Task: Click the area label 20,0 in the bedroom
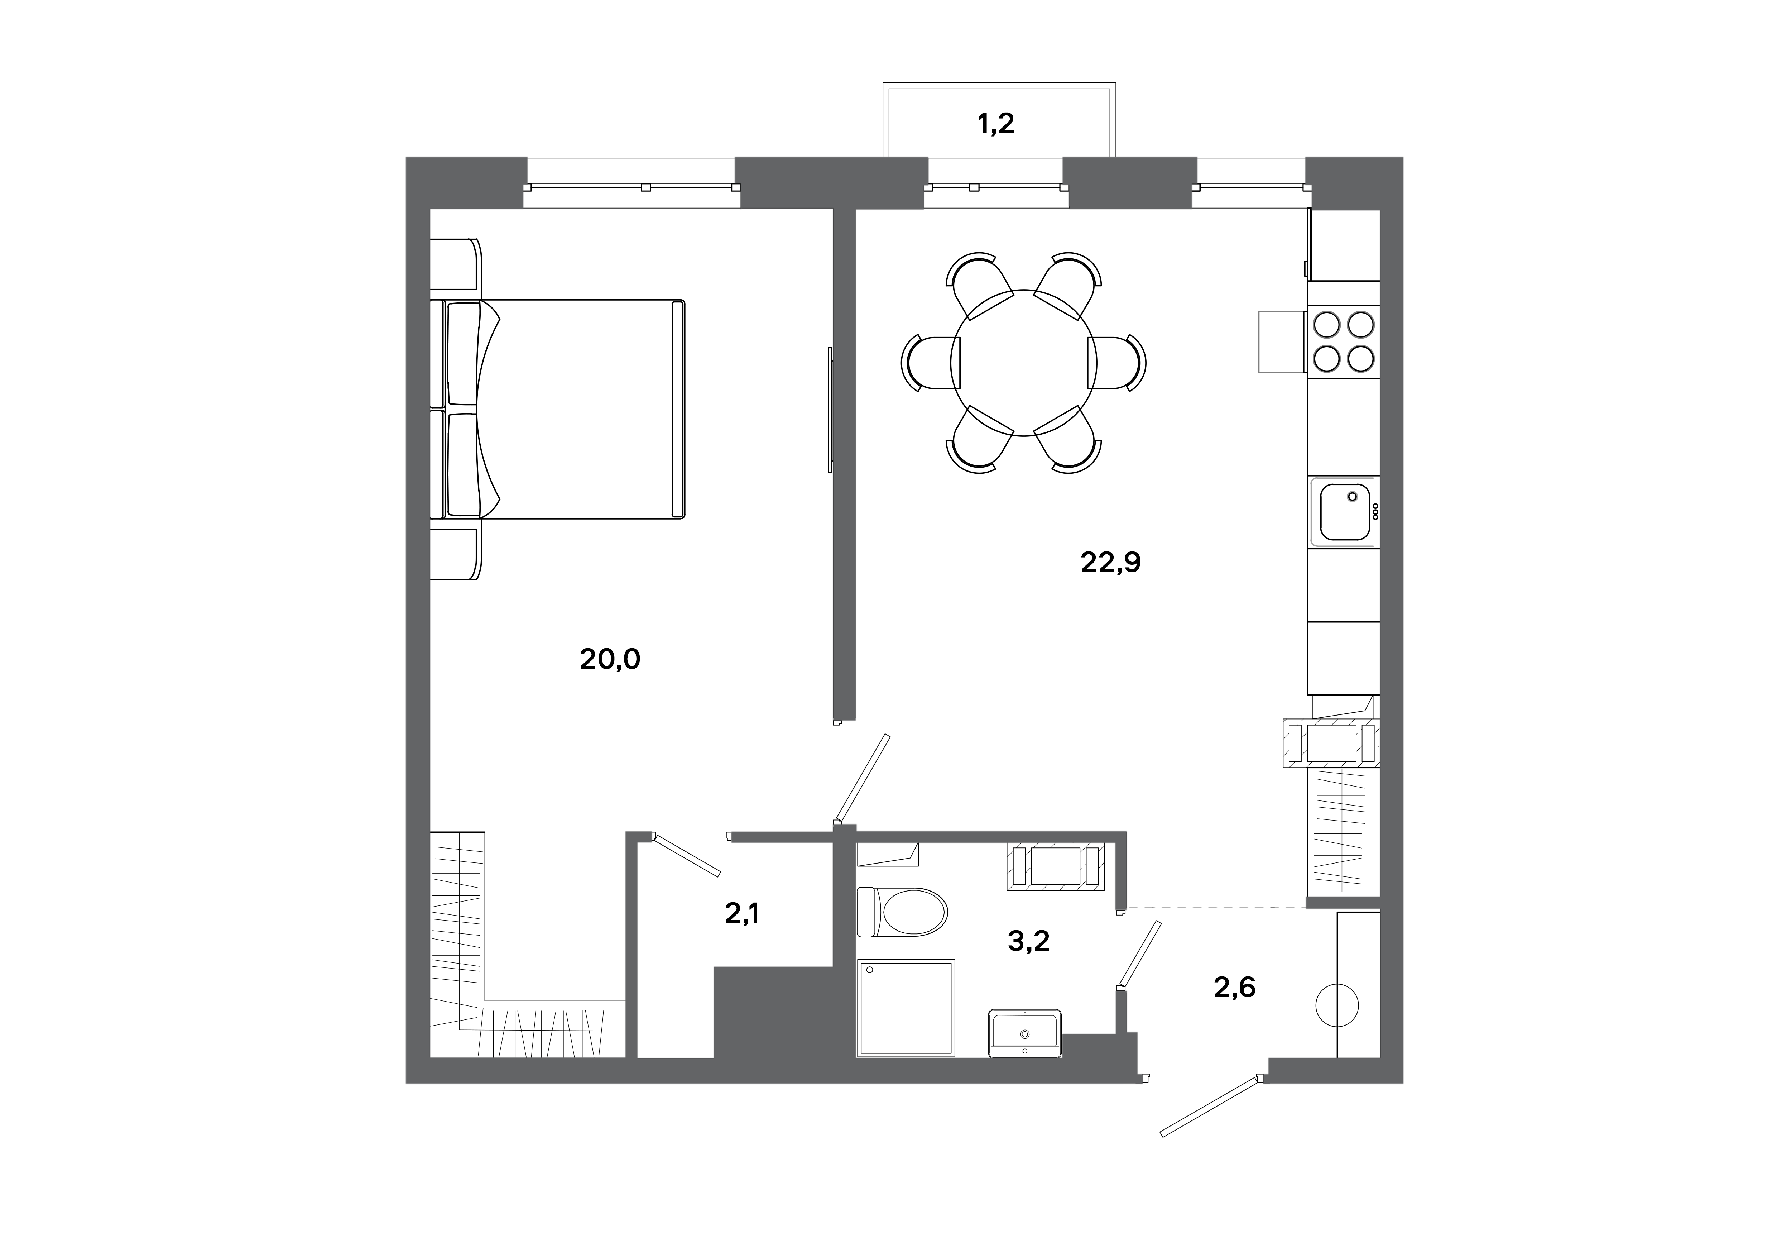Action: point(610,659)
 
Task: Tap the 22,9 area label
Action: point(1111,563)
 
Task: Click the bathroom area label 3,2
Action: point(1029,941)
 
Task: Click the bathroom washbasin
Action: point(1025,1033)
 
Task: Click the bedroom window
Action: point(632,187)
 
